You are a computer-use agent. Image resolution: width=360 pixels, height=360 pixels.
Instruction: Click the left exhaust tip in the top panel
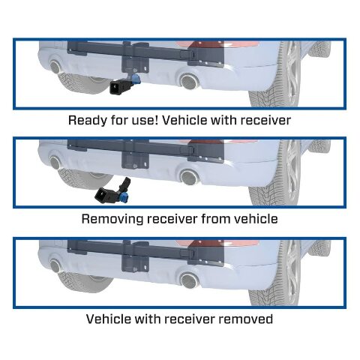click(x=56, y=67)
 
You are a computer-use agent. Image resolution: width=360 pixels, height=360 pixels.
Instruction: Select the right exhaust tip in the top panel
click(x=187, y=80)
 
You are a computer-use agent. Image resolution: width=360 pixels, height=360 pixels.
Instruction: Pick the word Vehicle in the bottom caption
click(x=110, y=319)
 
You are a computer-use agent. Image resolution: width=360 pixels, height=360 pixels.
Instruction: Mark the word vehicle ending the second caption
click(x=255, y=219)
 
